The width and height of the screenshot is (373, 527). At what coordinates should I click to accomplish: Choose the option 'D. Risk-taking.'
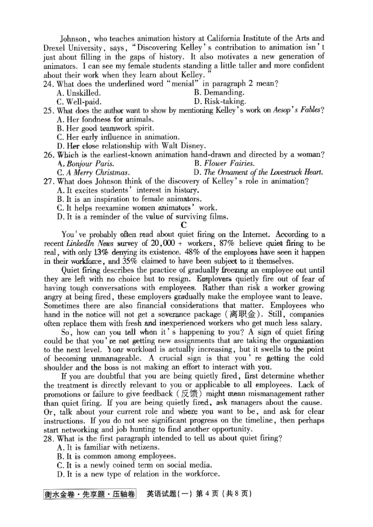220,101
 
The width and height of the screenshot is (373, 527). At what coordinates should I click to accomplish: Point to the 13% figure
105,252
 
